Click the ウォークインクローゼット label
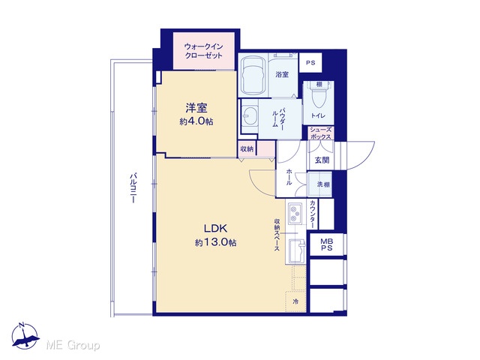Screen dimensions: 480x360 click(203, 51)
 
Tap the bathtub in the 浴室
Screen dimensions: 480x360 click(253, 75)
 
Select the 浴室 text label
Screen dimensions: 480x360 click(282, 74)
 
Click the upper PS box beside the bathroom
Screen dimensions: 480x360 click(310, 63)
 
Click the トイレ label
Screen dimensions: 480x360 click(318, 115)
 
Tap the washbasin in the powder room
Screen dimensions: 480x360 click(249, 115)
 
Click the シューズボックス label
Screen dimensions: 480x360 click(321, 133)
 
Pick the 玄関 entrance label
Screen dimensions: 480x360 click(322, 160)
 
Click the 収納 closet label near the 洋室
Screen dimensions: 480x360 click(247, 149)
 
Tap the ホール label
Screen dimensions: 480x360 click(289, 177)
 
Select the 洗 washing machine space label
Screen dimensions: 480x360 click(320, 184)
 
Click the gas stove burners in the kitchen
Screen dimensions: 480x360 click(295, 213)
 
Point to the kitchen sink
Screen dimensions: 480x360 click(296, 251)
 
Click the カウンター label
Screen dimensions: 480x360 click(313, 214)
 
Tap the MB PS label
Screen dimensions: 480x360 click(327, 244)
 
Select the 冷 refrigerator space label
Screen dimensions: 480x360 click(295, 301)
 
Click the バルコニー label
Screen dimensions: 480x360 click(133, 188)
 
